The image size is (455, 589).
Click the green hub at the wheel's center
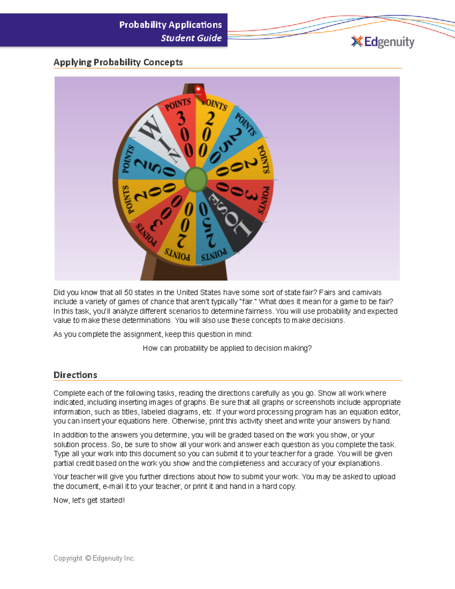[x=196, y=179]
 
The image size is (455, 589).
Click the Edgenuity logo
[x=383, y=42]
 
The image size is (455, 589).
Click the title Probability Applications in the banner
[x=171, y=25]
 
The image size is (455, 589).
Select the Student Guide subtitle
[x=191, y=38]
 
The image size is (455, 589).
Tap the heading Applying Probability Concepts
[x=118, y=62]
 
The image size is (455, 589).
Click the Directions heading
[x=75, y=375]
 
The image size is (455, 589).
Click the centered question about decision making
[x=227, y=348]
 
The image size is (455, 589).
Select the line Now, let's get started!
[x=89, y=500]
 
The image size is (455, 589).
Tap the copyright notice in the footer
[x=94, y=558]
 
